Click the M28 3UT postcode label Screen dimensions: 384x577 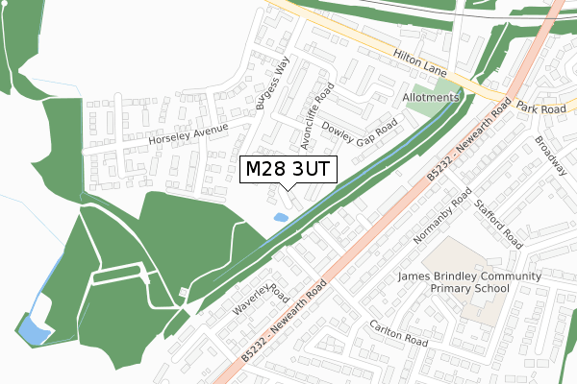coord(288,170)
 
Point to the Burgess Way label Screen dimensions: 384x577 coord(272,85)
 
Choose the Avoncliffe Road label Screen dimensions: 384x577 coord(316,117)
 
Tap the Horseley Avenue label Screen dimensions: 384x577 coord(188,134)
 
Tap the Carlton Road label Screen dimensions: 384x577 coord(397,333)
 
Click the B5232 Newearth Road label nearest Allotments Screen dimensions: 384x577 coord(466,143)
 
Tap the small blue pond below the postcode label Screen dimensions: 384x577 coord(280,218)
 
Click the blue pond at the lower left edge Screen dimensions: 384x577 coord(33,331)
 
